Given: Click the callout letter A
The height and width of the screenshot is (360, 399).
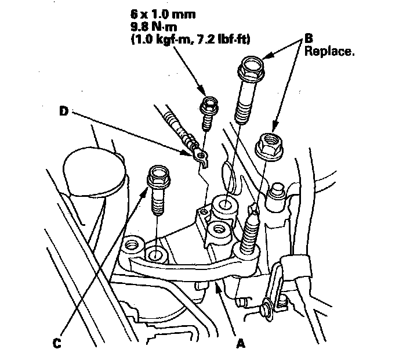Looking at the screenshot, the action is tap(240, 343).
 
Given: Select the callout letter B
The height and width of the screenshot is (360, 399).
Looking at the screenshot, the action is tap(310, 38).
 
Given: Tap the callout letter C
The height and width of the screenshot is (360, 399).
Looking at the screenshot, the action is tap(56, 343).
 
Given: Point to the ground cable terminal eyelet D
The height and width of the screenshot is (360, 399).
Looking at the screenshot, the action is tap(200, 154).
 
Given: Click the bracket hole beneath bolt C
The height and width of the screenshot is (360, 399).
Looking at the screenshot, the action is tap(155, 254).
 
